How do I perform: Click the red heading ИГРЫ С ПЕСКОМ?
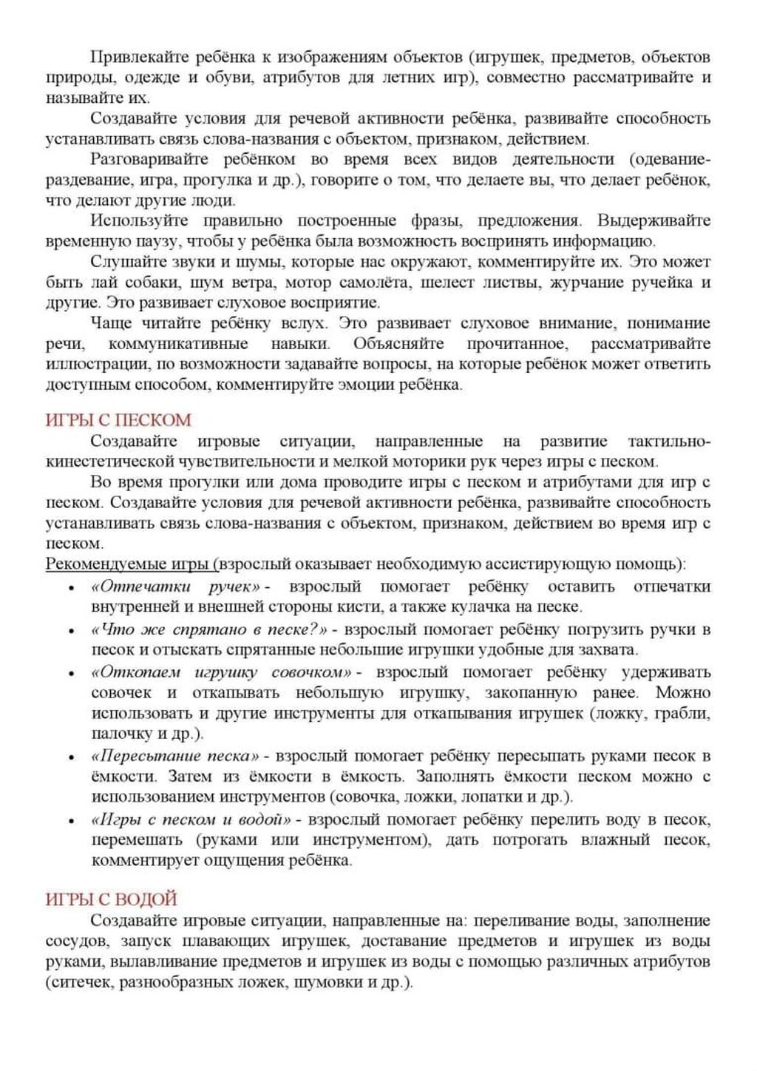point(118,420)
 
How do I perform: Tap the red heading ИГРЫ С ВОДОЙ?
point(112,899)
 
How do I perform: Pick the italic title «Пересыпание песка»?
point(176,756)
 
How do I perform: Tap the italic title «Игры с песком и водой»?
point(191,820)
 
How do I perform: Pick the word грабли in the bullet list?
point(685,714)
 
